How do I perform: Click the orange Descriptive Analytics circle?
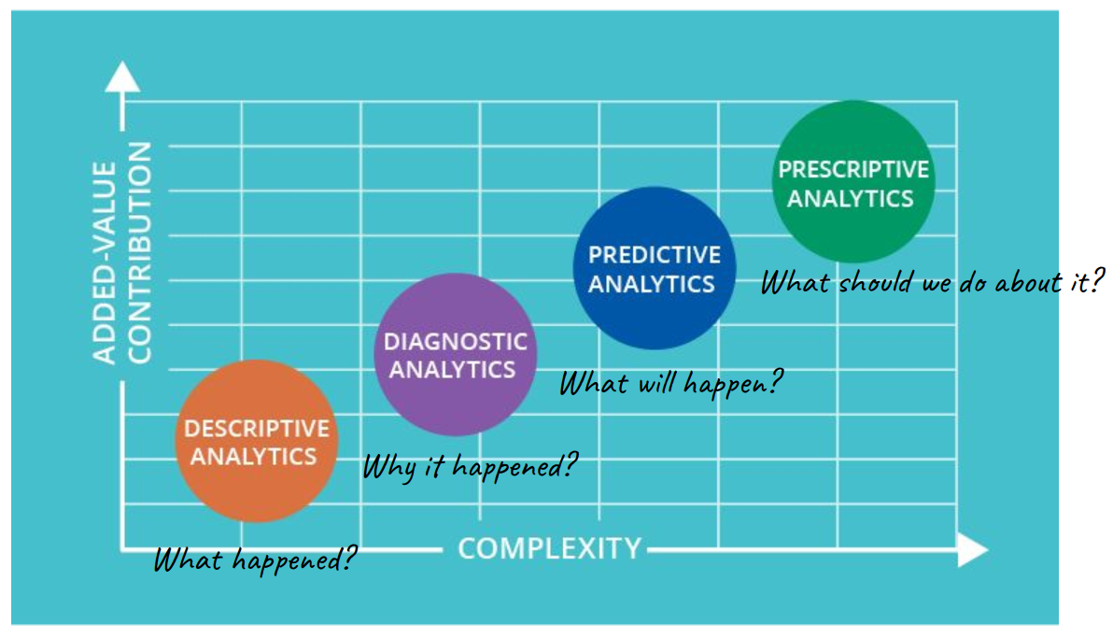tap(256, 441)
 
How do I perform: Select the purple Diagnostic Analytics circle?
tap(456, 354)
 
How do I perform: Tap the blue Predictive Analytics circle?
tap(655, 268)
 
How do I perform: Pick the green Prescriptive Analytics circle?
tap(853, 181)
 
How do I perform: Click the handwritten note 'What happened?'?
tap(255, 560)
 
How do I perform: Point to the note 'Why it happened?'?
tap(470, 467)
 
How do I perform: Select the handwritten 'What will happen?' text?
tap(670, 384)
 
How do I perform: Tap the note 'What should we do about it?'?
tap(933, 282)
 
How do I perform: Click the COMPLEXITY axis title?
tap(549, 548)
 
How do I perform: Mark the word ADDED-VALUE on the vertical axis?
tap(105, 262)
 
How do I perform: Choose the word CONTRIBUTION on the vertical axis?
tap(139, 253)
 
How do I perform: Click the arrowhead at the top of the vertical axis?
tap(122, 76)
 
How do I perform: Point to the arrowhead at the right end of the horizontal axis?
tap(973, 550)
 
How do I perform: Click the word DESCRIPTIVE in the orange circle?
tap(256, 429)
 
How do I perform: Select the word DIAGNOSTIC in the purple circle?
tap(455, 342)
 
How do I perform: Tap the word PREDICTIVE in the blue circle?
tap(654, 255)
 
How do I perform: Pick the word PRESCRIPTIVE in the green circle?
tap(853, 169)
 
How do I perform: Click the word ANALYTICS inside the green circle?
tap(851, 199)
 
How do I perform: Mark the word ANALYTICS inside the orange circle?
tap(253, 457)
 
